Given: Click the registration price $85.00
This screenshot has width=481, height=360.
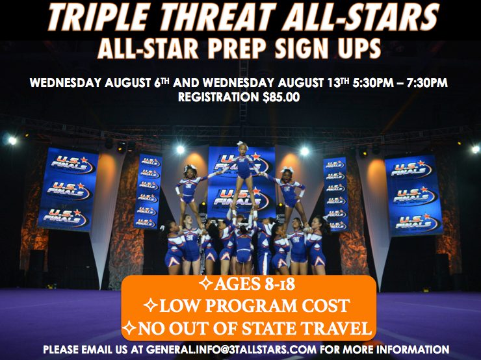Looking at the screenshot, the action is click(281, 97).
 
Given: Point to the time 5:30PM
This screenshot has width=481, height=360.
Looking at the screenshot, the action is click(372, 83).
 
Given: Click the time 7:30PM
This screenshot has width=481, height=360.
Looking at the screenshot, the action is click(427, 83).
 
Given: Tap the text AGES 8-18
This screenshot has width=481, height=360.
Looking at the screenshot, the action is click(254, 284).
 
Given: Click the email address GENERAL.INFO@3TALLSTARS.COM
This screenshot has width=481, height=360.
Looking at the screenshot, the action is click(231, 350).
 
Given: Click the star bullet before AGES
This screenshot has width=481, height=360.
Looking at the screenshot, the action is click(205, 283).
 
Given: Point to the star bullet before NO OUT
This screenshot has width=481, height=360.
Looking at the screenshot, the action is click(129, 328).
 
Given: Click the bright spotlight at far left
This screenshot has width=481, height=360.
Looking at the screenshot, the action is click(12, 141).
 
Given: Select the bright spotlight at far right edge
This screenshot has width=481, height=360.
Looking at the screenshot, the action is click(476, 149).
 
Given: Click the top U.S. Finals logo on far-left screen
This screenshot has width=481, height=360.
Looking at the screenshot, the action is click(70, 164).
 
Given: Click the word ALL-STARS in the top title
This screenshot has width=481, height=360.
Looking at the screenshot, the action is click(360, 16).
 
